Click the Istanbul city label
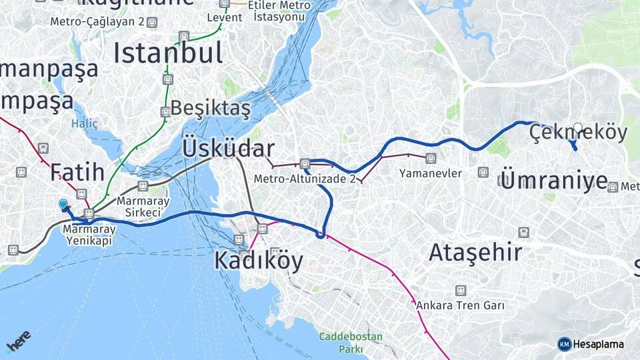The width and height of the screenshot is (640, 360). (x=167, y=53)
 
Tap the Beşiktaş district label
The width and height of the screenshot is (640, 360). (x=210, y=107)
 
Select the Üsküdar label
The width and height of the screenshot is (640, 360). (x=227, y=149)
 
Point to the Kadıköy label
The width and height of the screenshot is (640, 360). (x=258, y=261)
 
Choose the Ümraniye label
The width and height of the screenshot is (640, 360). (x=553, y=181)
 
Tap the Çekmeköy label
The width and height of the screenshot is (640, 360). (x=579, y=133)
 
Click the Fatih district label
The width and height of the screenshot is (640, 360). (x=77, y=172)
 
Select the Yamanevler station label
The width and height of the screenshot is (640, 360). (x=431, y=173)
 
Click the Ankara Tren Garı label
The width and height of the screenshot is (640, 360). (x=460, y=305)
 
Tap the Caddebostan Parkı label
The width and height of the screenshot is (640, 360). (x=350, y=343)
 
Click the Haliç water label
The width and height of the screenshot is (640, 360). (x=85, y=123)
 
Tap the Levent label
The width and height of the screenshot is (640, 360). (x=225, y=17)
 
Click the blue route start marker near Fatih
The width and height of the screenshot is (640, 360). (x=63, y=204)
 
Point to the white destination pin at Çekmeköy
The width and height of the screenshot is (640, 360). (x=577, y=128)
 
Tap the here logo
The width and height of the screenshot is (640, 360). (x=19, y=341)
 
